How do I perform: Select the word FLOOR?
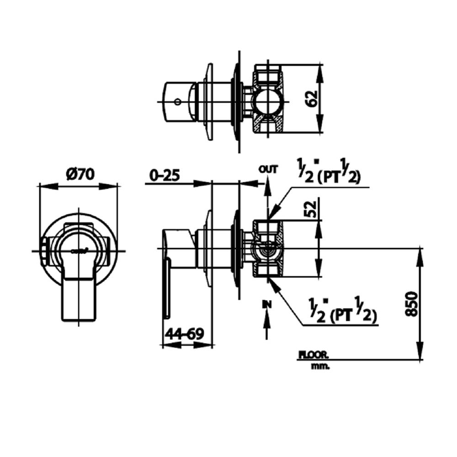tap(314, 354)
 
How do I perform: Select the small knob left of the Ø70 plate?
tap(44, 250)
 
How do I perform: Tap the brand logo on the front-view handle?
tap(79, 250)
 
